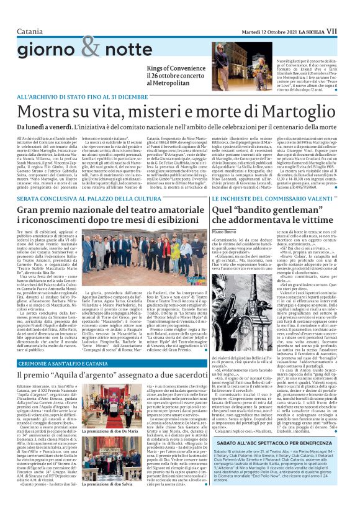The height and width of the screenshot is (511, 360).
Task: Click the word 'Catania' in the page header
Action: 30,13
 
